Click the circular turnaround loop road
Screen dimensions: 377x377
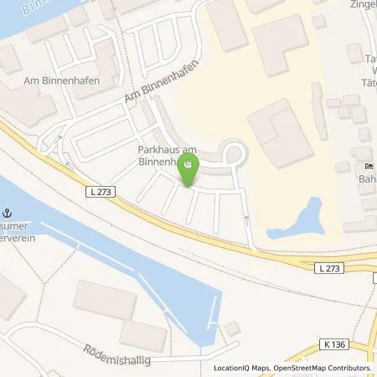point(235,153)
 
